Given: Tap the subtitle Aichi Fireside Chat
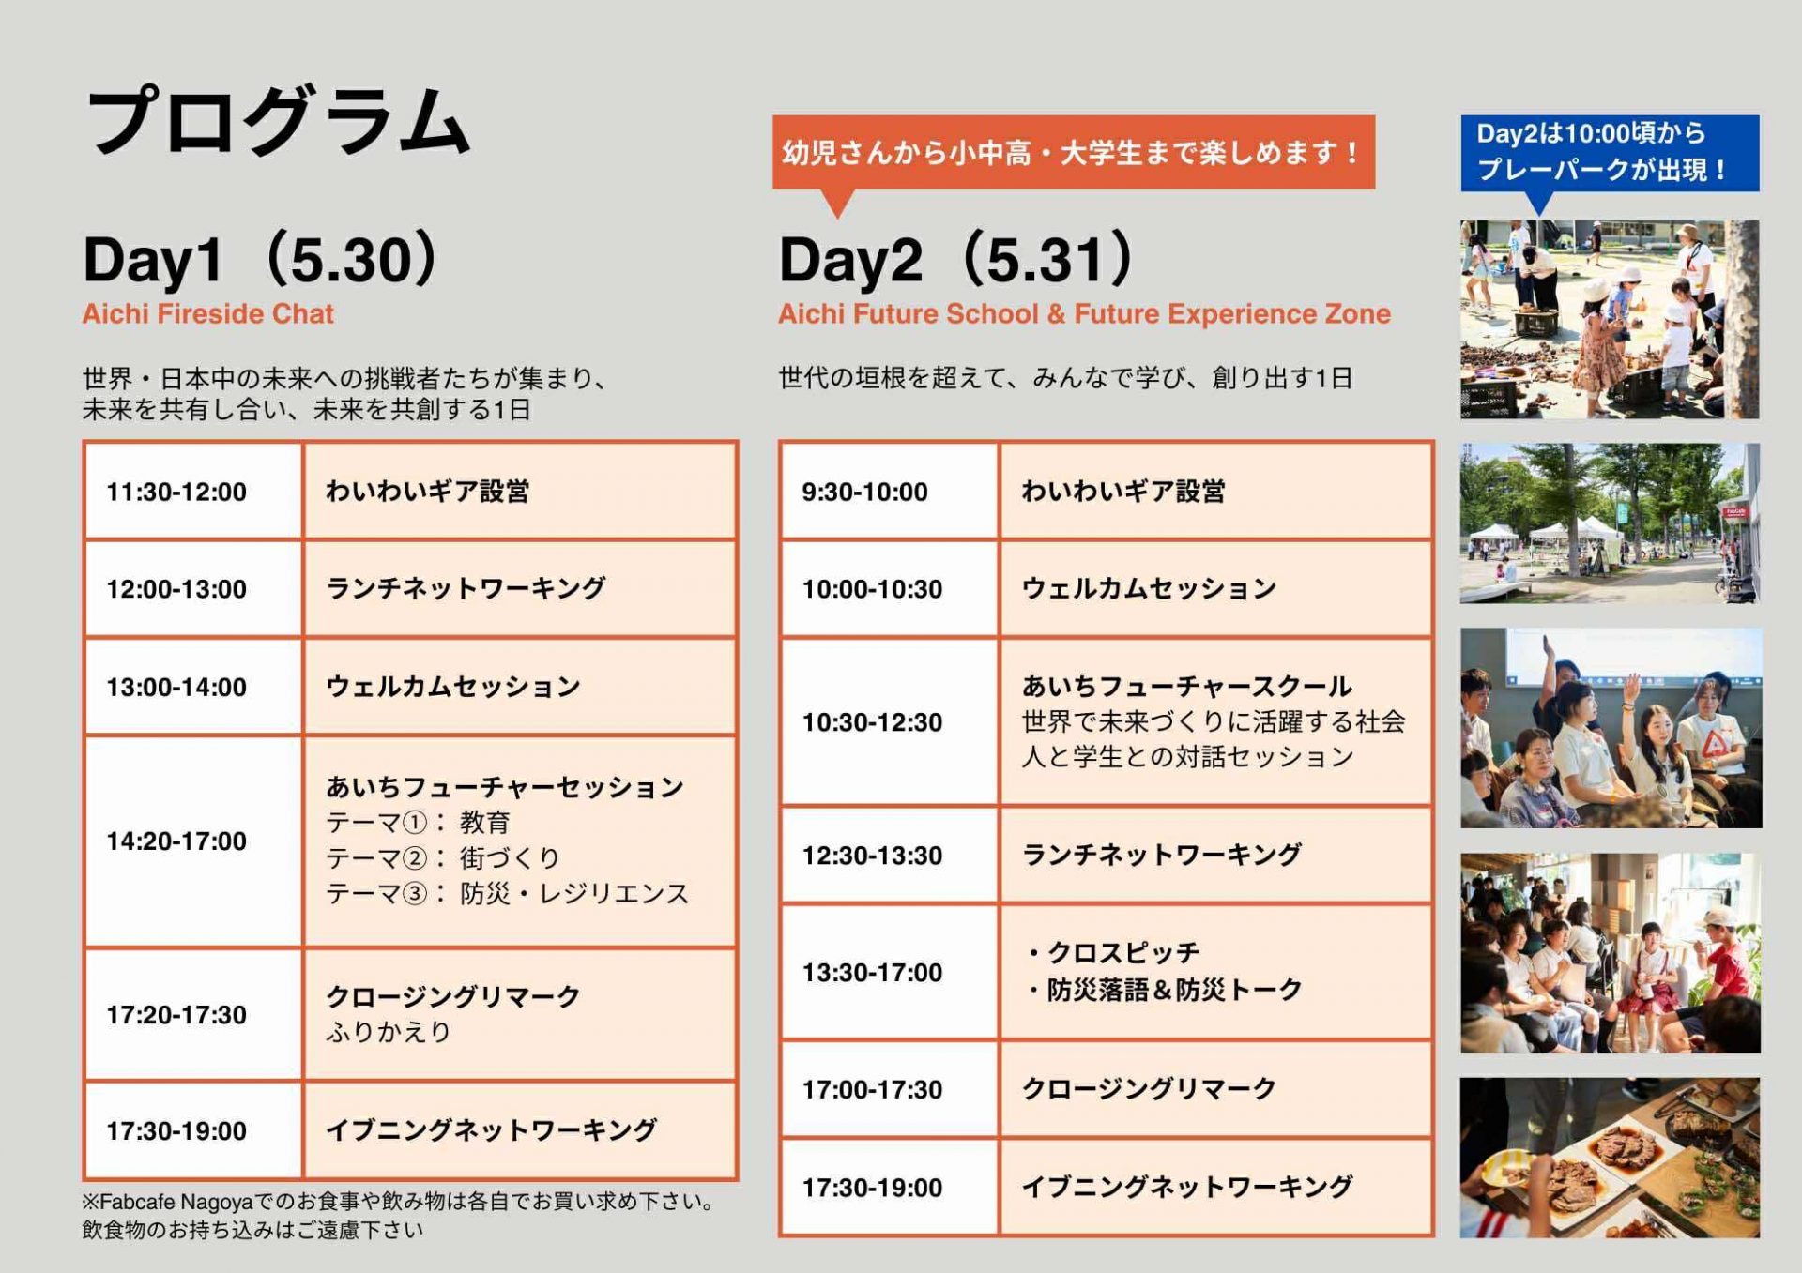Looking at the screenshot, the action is tap(207, 313).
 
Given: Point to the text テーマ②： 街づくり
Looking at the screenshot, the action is tap(443, 857).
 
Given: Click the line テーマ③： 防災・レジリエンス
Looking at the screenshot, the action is tap(507, 893).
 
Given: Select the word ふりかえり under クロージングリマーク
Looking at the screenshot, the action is tap(389, 1032).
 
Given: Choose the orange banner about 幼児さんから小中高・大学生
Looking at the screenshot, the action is tap(1073, 152).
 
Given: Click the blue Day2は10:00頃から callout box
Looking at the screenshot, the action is tap(1610, 153).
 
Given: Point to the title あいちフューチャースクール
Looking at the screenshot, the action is tap(1187, 686).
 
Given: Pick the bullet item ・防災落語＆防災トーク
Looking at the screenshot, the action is tap(1162, 990).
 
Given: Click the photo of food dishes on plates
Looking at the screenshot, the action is tap(1610, 1158).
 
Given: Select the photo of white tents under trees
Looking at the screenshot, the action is tap(1610, 523).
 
